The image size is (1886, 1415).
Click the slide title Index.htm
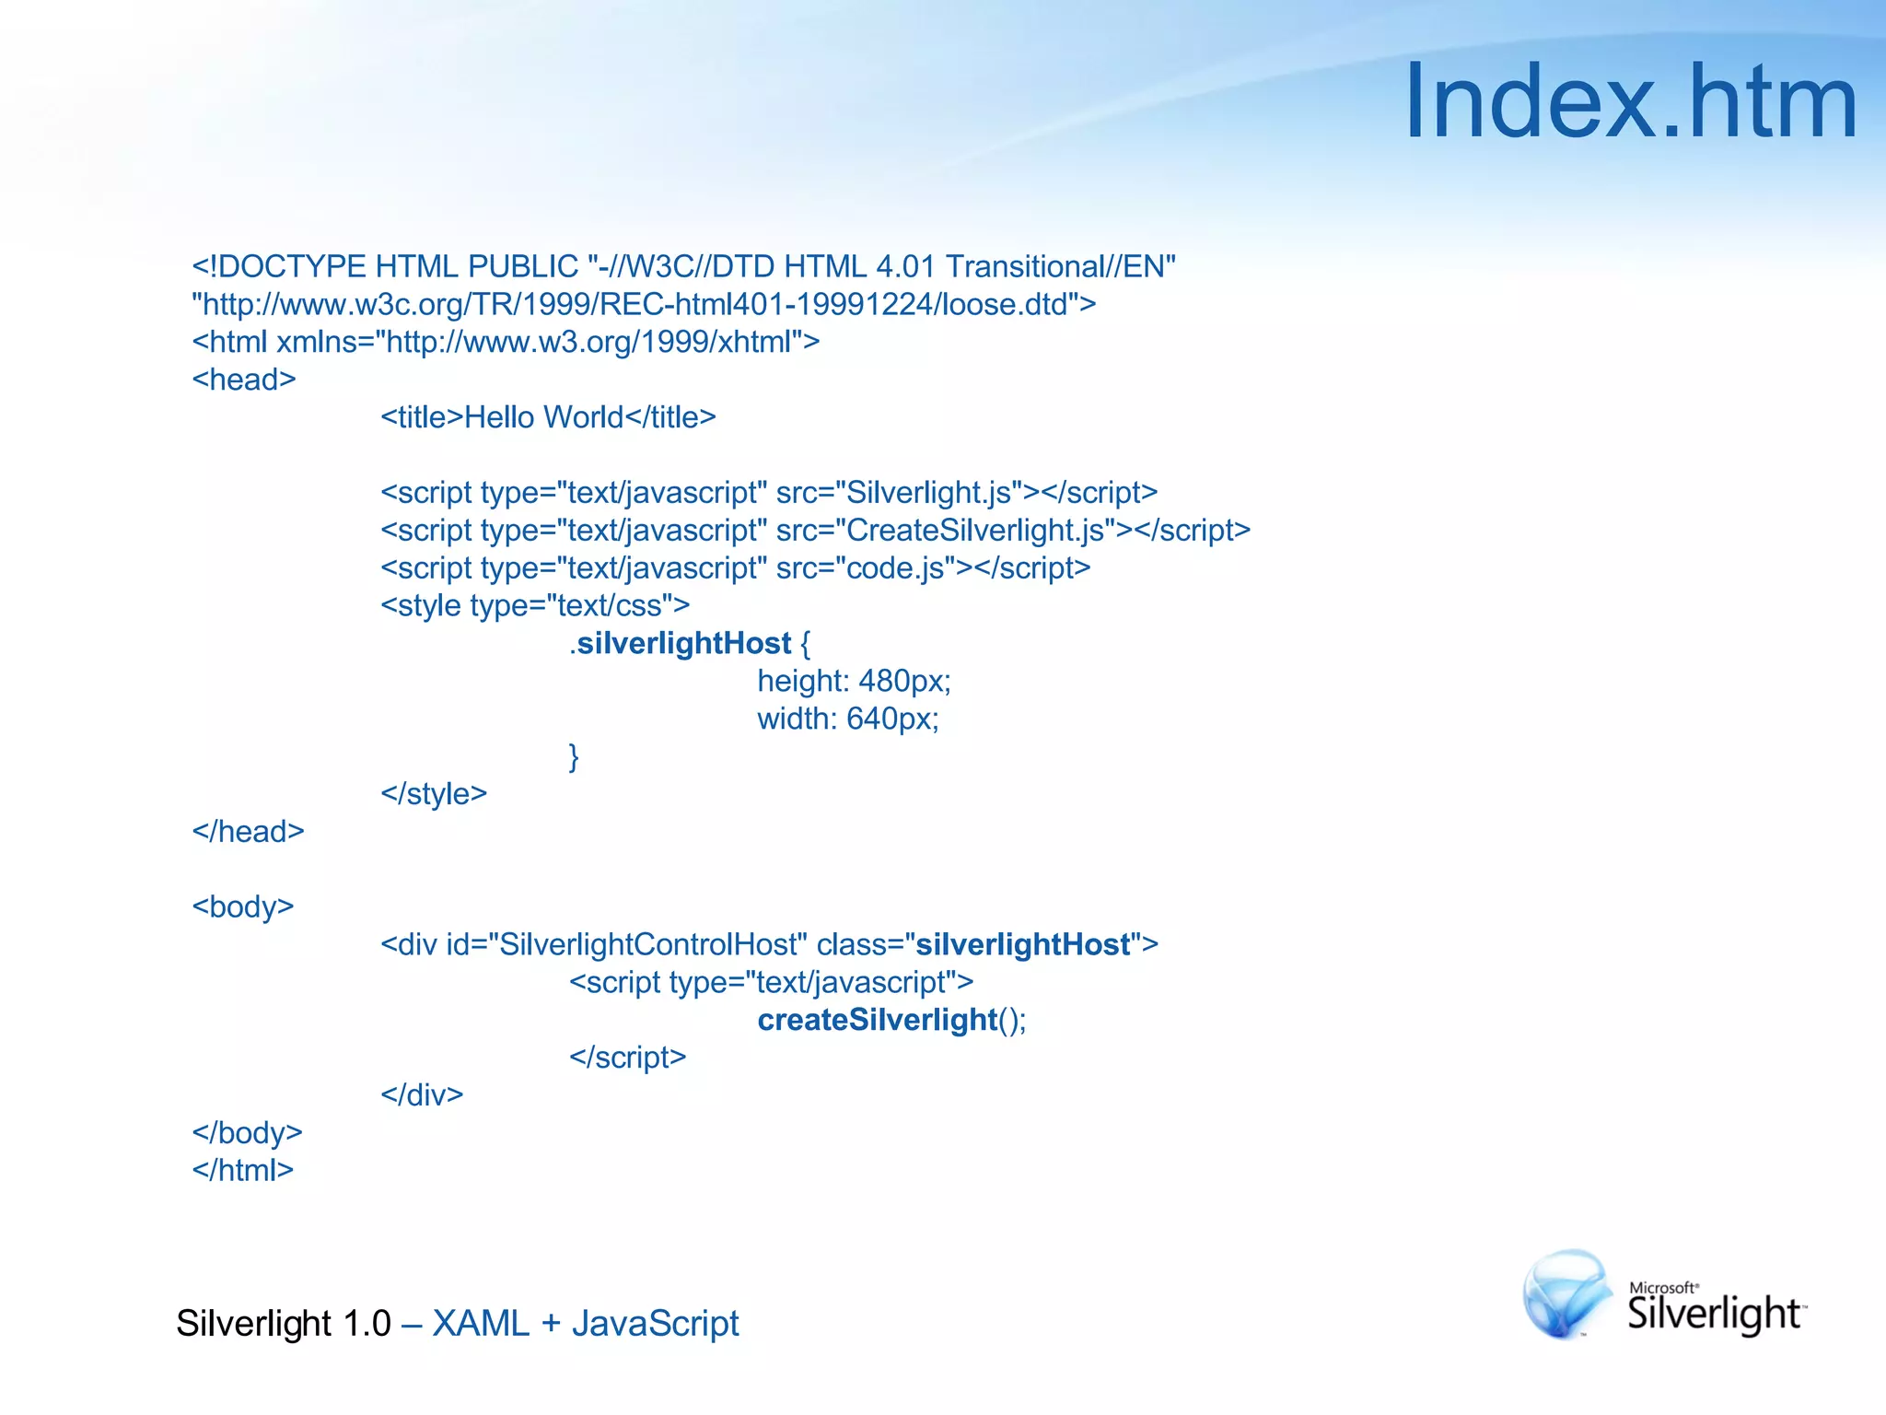1630,101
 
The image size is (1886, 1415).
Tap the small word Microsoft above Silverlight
1662,1288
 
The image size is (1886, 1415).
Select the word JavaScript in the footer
655,1324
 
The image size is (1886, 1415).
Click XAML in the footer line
481,1324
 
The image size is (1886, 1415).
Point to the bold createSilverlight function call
877,1020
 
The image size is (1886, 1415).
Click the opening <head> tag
244,380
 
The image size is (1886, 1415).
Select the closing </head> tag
248,832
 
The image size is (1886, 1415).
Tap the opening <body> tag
243,907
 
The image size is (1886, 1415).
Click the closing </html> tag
243,1171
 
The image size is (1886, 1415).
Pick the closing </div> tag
422,1095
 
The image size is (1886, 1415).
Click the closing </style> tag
434,794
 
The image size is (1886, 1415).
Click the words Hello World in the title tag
544,417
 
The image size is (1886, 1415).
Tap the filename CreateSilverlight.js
975,531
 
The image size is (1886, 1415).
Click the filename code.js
895,568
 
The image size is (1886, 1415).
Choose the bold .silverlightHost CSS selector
681,644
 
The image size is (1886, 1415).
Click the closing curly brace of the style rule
574,757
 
